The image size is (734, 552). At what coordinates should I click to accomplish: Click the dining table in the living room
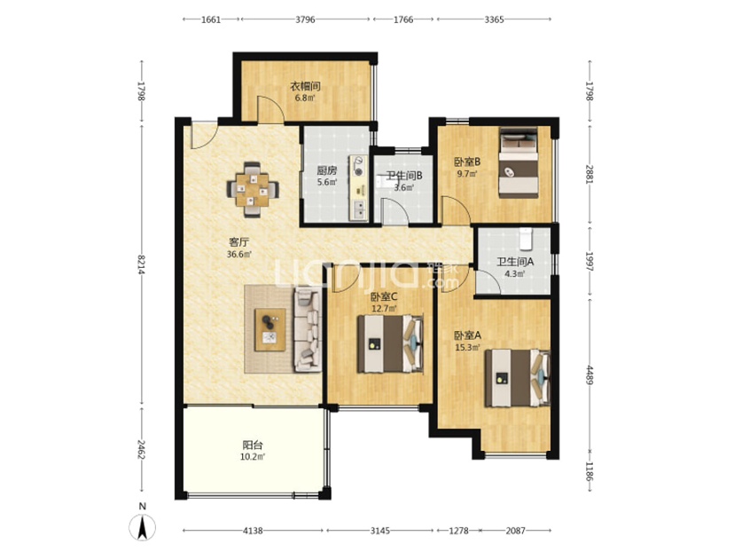[x=253, y=190]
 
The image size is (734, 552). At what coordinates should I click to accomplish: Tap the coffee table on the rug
[x=270, y=329]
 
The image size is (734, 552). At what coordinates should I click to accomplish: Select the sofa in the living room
[x=308, y=330]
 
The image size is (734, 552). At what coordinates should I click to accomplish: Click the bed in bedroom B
[x=519, y=162]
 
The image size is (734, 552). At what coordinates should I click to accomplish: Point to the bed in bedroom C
[x=390, y=344]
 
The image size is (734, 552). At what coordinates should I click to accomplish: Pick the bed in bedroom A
[x=517, y=378]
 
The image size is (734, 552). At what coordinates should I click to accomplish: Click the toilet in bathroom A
[x=527, y=238]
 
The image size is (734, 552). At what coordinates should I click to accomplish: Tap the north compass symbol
[x=143, y=524]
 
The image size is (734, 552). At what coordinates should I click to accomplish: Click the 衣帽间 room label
[x=305, y=86]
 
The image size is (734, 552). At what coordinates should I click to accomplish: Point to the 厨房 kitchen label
[x=324, y=170]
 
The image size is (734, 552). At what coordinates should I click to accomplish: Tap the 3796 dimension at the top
[x=305, y=20]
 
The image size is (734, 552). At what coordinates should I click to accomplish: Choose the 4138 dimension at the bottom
[x=253, y=531]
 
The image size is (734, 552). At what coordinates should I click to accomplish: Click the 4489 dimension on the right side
[x=590, y=375]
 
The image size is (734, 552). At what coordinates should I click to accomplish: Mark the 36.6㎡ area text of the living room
[x=239, y=255]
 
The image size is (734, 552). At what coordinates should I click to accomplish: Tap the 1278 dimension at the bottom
[x=459, y=531]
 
